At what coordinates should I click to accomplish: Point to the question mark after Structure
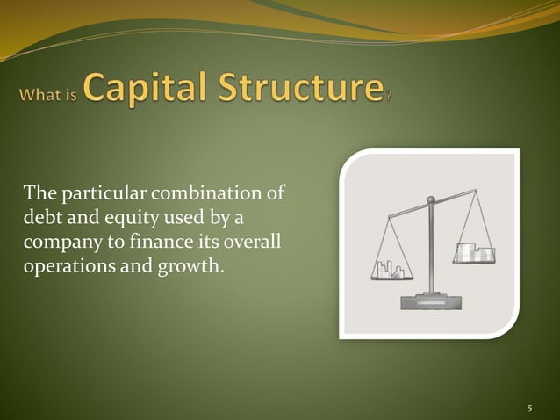pos(388,95)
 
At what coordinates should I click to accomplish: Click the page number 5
pos(530,409)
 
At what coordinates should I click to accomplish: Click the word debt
pos(40,216)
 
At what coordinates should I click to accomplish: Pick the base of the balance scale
pos(429,302)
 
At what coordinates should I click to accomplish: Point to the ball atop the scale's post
pos(430,200)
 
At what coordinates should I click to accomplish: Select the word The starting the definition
pos(39,192)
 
